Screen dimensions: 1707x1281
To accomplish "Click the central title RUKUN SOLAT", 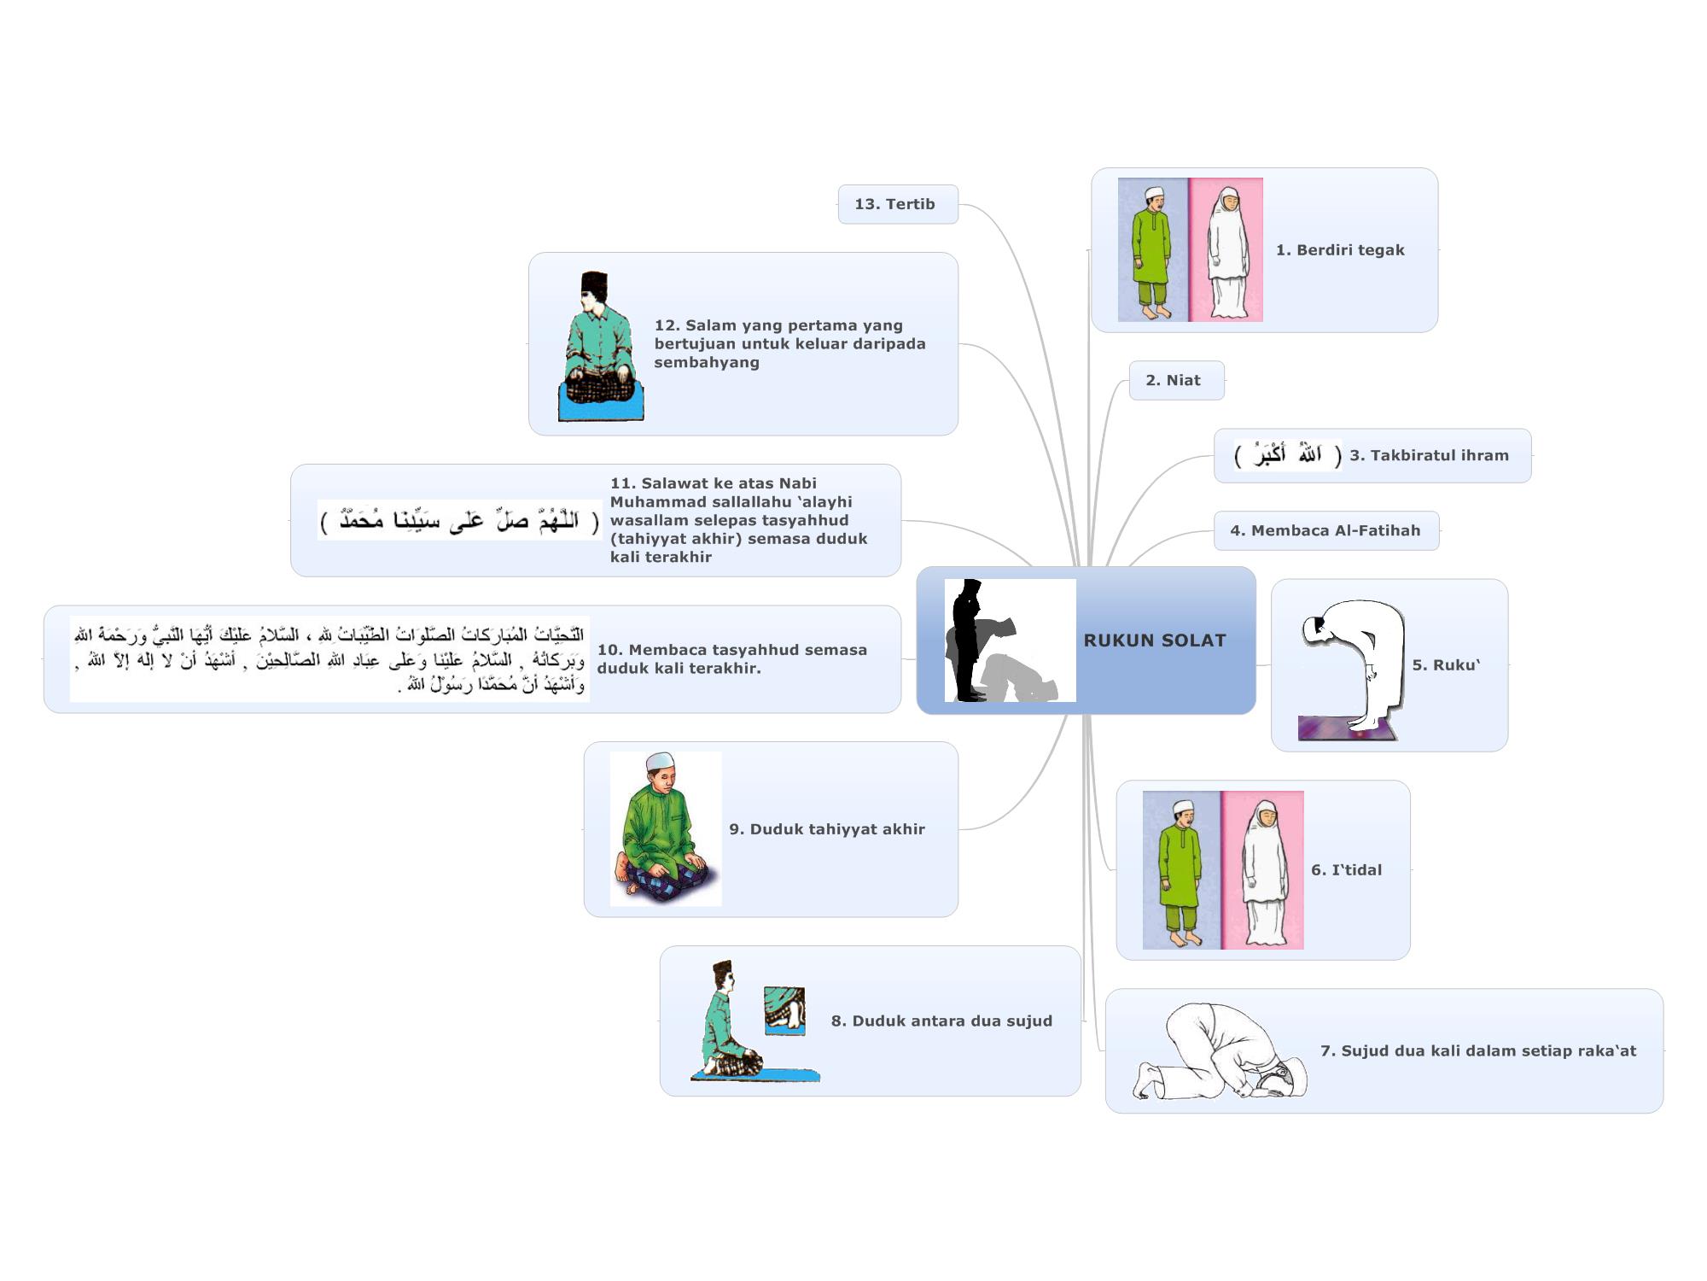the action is [x=1154, y=640].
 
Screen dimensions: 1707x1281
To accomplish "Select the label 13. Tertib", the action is [x=894, y=204].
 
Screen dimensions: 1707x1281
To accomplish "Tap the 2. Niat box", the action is [x=1176, y=380].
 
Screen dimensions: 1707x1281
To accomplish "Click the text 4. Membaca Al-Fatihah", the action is [x=1325, y=530].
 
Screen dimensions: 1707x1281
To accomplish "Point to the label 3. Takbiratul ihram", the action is [x=1429, y=455].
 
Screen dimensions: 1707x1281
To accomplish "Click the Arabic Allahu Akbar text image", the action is [x=1287, y=455].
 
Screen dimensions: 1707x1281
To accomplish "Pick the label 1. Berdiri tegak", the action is [x=1340, y=250].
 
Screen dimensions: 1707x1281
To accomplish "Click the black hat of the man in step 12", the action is [x=595, y=285].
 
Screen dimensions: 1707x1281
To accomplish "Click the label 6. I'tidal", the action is [x=1346, y=870].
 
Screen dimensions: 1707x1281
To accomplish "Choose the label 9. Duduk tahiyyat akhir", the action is [x=826, y=829].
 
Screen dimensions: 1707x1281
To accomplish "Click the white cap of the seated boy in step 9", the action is [x=660, y=762].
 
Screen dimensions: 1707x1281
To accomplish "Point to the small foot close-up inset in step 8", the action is [x=784, y=1010].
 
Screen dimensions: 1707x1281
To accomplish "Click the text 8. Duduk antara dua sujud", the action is [x=941, y=1021].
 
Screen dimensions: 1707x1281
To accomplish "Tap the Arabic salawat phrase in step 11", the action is [x=460, y=520].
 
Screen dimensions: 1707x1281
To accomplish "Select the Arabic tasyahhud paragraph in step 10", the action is [x=329, y=659].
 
